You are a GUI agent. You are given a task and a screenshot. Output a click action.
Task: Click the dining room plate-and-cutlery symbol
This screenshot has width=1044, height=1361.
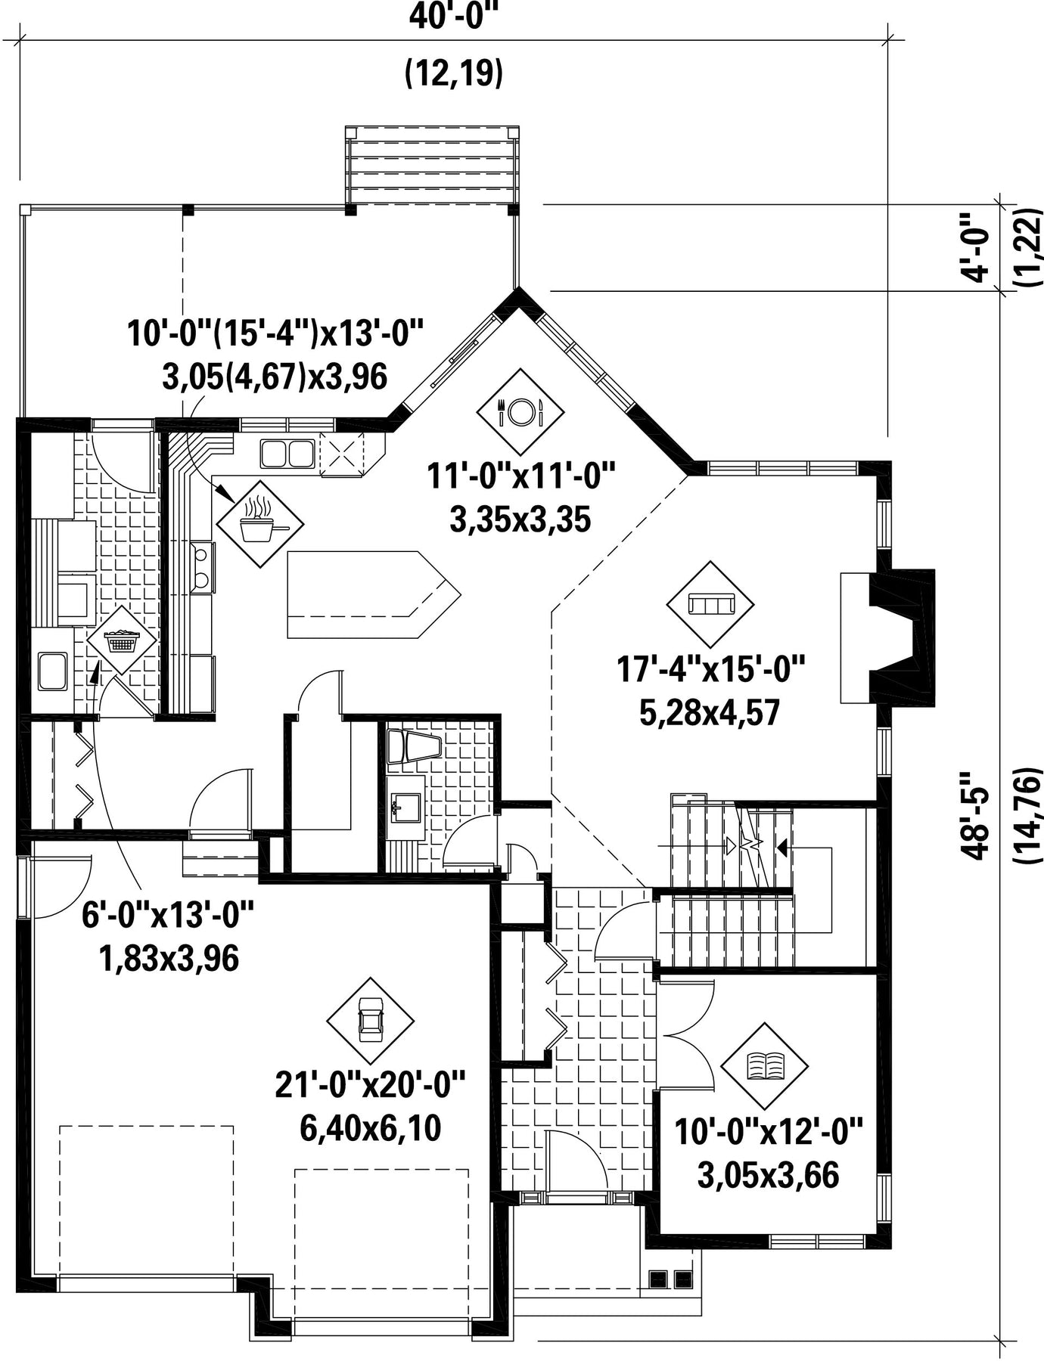tap(520, 412)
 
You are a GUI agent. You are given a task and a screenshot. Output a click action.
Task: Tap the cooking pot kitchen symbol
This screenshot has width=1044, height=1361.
tap(260, 523)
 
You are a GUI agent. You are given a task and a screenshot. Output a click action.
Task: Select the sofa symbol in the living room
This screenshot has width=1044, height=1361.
tap(710, 604)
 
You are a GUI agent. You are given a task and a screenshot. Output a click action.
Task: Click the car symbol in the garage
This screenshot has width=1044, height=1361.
tap(371, 1021)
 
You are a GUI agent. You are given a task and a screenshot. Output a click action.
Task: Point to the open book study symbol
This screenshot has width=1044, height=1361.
tap(765, 1066)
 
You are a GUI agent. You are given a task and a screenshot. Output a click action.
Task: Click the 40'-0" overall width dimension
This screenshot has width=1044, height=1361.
tap(455, 17)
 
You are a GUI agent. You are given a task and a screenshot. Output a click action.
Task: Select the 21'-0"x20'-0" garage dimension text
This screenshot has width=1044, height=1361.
tap(370, 1087)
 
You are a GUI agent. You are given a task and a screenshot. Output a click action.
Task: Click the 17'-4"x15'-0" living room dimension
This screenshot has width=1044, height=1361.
tap(710, 670)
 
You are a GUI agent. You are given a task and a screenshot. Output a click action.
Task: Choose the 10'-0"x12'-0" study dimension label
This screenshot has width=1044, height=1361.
tap(768, 1133)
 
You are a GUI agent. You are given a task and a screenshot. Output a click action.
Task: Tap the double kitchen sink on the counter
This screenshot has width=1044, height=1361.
tap(287, 454)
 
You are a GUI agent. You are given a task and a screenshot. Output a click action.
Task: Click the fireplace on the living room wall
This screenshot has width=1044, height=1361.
tap(887, 639)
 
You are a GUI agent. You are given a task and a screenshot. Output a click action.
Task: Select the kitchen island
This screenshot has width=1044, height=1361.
tap(373, 595)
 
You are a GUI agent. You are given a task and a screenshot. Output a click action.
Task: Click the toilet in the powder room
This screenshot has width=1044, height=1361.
tap(413, 747)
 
